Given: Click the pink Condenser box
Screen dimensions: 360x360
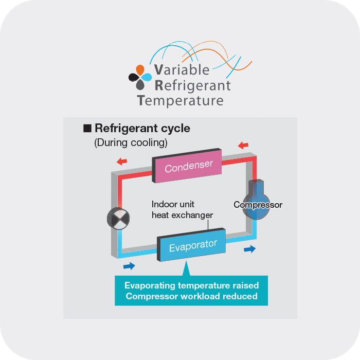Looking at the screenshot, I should click(188, 166).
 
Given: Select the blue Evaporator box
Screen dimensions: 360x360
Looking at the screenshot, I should click(193, 245).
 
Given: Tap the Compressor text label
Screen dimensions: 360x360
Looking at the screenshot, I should click(258, 205).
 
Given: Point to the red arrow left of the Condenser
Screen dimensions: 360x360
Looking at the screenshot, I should click(122, 161).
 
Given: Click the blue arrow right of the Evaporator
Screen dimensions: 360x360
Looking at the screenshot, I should click(249, 249).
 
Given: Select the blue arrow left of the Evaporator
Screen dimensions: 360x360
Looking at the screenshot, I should click(130, 266).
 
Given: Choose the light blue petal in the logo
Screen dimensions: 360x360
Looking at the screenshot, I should click(147, 77).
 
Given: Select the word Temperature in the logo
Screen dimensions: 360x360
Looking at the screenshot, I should click(181, 100).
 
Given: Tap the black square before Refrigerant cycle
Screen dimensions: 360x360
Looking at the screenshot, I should click(87, 128).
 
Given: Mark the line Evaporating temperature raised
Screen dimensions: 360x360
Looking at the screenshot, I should click(191, 285).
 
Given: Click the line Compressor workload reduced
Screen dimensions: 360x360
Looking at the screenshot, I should click(191, 296).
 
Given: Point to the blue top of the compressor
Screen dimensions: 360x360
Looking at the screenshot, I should click(257, 187).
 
